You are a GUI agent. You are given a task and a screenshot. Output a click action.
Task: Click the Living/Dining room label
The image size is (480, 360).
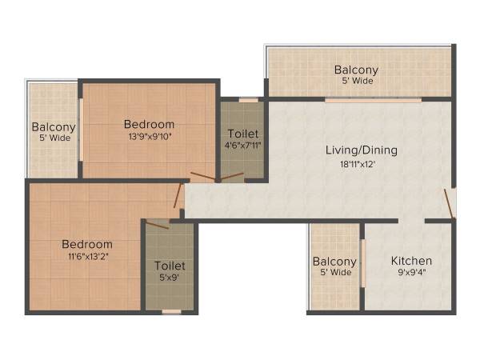pyautogui.click(x=361, y=150)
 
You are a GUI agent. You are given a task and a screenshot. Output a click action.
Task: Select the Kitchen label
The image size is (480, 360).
pyautogui.click(x=411, y=261)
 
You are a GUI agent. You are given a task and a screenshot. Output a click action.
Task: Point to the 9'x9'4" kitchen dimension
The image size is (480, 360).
pyautogui.click(x=411, y=273)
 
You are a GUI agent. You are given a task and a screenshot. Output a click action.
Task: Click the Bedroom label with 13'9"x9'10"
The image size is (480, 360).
pyautogui.click(x=149, y=124)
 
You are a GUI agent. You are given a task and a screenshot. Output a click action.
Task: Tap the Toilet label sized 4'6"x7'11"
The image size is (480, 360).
pyautogui.click(x=243, y=133)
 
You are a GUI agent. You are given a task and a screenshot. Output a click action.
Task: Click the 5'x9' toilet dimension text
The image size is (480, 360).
pyautogui.click(x=170, y=278)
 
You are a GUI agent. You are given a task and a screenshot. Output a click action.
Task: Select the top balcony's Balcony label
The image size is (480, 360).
pyautogui.click(x=356, y=70)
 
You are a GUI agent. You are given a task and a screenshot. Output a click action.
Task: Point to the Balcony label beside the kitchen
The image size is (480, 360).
pyautogui.click(x=334, y=262)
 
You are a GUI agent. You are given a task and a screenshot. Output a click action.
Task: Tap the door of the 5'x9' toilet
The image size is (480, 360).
pyautogui.click(x=158, y=224)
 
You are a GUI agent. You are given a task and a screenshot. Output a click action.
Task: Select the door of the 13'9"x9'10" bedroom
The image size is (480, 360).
pyautogui.click(x=202, y=178)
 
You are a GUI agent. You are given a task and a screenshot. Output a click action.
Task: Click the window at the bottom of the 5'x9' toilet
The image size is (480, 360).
pyautogui.click(x=171, y=311)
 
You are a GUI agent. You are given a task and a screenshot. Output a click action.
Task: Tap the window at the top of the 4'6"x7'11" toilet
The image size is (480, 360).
pyautogui.click(x=249, y=100)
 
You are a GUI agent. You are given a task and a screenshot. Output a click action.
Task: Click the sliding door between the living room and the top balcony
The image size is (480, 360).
pyautogui.click(x=373, y=100)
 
